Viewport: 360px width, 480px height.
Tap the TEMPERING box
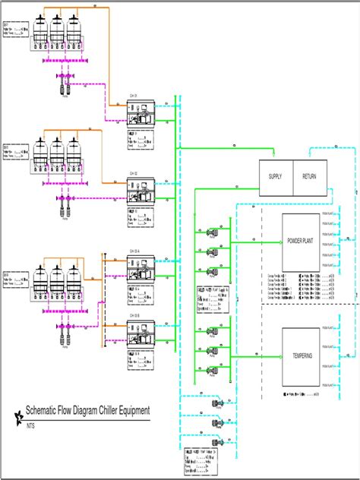(301, 354)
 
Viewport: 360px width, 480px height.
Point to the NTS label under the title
(31, 426)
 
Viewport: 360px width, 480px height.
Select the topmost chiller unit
(140, 114)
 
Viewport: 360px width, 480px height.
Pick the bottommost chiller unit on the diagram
(140, 333)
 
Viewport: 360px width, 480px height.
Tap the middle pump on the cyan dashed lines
(218, 422)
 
